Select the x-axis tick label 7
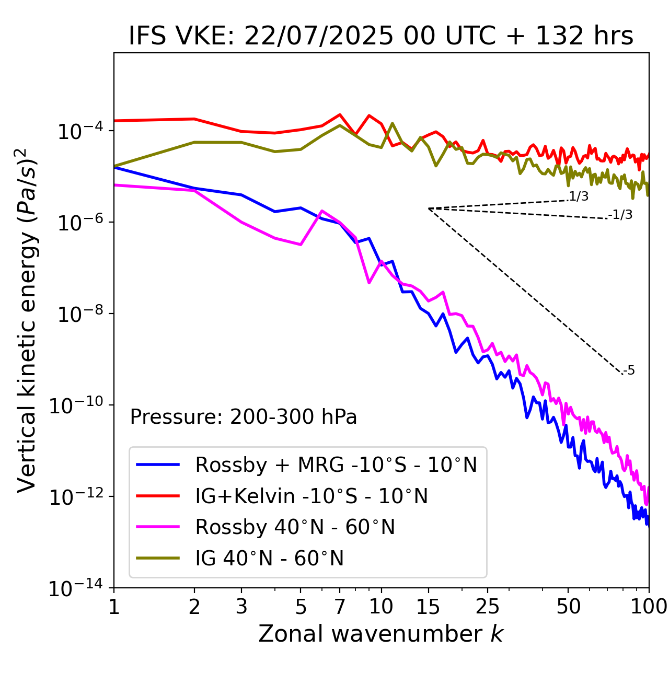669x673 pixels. pos(340,606)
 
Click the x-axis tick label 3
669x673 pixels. pos(241,606)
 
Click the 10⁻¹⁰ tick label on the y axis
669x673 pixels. pos(76,405)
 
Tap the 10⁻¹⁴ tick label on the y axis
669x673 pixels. pos(76,589)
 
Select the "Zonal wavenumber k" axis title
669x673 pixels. pos(380,634)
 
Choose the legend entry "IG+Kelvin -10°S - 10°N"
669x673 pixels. pos(312,496)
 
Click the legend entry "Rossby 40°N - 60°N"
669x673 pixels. pos(295,527)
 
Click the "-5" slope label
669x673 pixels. pos(629,371)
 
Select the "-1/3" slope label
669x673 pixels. pos(620,215)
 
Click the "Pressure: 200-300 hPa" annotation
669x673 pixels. pos(244,417)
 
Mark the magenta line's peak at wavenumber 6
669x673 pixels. pos(321,211)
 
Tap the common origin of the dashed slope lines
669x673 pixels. pos(429,208)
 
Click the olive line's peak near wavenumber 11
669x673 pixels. pos(393,123)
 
